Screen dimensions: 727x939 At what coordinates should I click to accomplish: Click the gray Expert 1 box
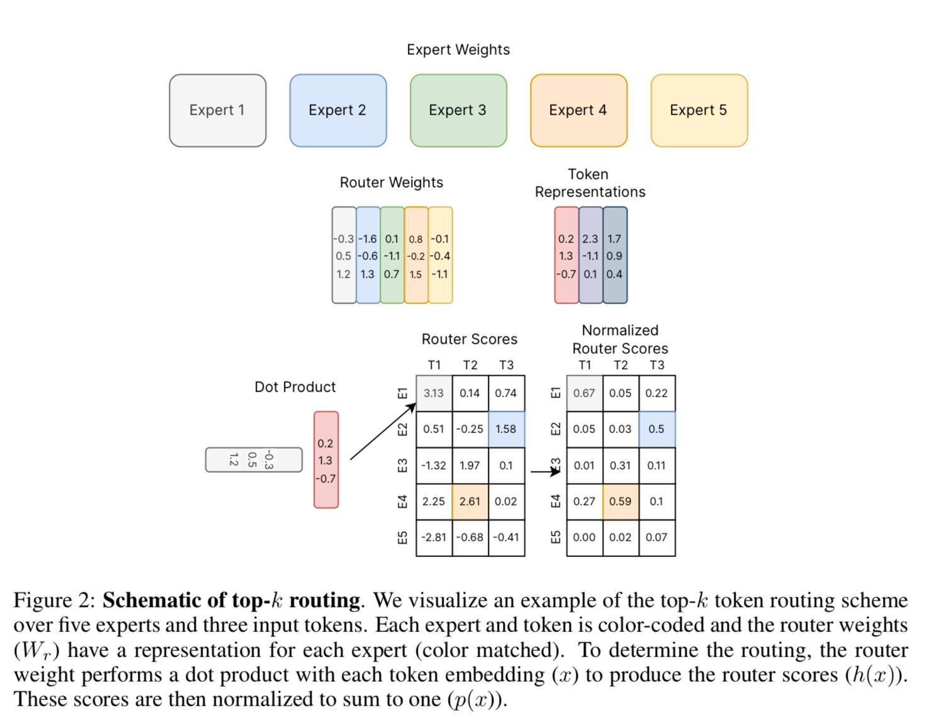tap(217, 110)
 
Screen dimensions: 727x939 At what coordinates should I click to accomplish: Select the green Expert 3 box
tap(458, 110)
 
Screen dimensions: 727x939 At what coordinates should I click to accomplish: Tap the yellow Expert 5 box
tap(699, 110)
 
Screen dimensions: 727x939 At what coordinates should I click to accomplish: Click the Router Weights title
tap(391, 183)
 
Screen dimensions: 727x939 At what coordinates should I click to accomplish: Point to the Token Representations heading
tap(590, 183)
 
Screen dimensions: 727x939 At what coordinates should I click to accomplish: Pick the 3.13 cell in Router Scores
tap(434, 393)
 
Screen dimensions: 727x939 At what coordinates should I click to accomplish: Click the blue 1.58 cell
tap(506, 429)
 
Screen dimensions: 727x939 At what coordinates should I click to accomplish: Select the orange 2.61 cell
tap(470, 502)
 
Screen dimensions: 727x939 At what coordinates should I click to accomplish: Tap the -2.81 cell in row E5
tap(434, 538)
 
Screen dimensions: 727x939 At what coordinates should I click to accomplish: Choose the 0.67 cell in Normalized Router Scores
tap(584, 393)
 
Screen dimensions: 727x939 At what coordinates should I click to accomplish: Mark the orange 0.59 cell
tap(621, 502)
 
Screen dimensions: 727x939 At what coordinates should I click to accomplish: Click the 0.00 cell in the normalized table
tap(584, 538)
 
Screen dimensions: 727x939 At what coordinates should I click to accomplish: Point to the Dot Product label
tap(295, 387)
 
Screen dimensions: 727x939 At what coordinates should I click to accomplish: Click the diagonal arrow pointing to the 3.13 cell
tap(383, 432)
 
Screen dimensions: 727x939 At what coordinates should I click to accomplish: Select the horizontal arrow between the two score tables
tap(545, 471)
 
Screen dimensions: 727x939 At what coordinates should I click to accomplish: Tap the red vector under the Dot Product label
tap(326, 460)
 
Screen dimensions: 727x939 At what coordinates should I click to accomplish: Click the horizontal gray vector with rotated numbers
tap(254, 459)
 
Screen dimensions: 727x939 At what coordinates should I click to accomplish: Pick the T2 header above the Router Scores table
tap(470, 365)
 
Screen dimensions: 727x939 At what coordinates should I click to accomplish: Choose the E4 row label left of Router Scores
tap(403, 502)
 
